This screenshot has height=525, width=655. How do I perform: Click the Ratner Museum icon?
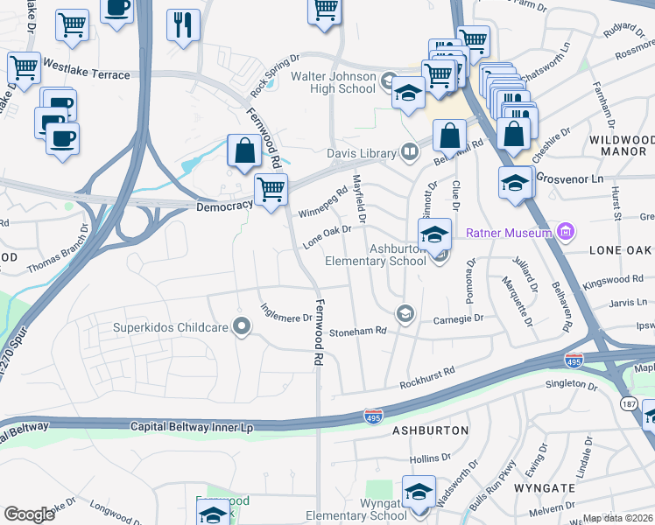pos(566,232)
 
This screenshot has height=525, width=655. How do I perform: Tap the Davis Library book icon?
pos(408,153)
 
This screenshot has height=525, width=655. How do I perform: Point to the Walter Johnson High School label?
pos(333,83)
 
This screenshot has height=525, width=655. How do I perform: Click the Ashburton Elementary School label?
pos(375,255)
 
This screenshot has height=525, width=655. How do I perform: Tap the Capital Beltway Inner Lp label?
pos(191,427)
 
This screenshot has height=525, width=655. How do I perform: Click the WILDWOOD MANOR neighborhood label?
pos(621,145)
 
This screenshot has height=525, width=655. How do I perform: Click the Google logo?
pos(29,514)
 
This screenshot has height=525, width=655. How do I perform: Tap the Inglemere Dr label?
pos(286,312)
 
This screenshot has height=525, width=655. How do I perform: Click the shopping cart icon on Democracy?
pos(271,189)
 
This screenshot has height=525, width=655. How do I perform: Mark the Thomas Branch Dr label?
pos(59,251)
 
